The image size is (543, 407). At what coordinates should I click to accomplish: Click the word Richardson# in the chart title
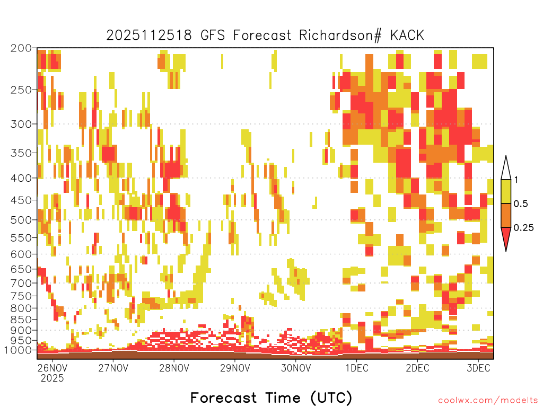coord(340,36)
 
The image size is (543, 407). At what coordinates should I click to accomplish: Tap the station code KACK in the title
coord(407,36)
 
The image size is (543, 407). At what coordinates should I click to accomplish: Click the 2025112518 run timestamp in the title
coord(149,36)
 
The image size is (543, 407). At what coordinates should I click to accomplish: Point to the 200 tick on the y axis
coord(21,48)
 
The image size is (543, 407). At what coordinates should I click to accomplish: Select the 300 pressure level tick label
coord(21,124)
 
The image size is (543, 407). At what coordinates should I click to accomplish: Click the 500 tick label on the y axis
coord(21,220)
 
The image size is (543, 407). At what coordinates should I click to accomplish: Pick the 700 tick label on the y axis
coord(21,283)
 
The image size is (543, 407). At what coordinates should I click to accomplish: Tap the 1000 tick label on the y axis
coord(17,350)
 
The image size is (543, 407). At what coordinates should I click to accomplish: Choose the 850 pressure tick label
coord(21,320)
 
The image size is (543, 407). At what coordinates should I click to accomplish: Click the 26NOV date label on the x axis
coord(52,368)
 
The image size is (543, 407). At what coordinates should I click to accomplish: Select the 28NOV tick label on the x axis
coord(174,368)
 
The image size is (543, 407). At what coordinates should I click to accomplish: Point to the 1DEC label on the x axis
coord(357,368)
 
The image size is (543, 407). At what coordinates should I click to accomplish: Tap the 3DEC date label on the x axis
coord(479,368)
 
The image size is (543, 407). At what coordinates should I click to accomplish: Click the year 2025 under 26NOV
coord(52,378)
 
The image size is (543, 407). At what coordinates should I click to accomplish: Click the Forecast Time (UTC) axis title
coord(271,398)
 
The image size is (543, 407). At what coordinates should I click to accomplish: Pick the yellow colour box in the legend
coord(506,191)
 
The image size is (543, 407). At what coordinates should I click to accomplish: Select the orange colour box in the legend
coord(506,215)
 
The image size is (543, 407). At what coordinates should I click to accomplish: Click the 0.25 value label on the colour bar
coord(523,228)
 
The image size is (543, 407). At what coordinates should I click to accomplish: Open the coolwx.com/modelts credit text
coord(488,401)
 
